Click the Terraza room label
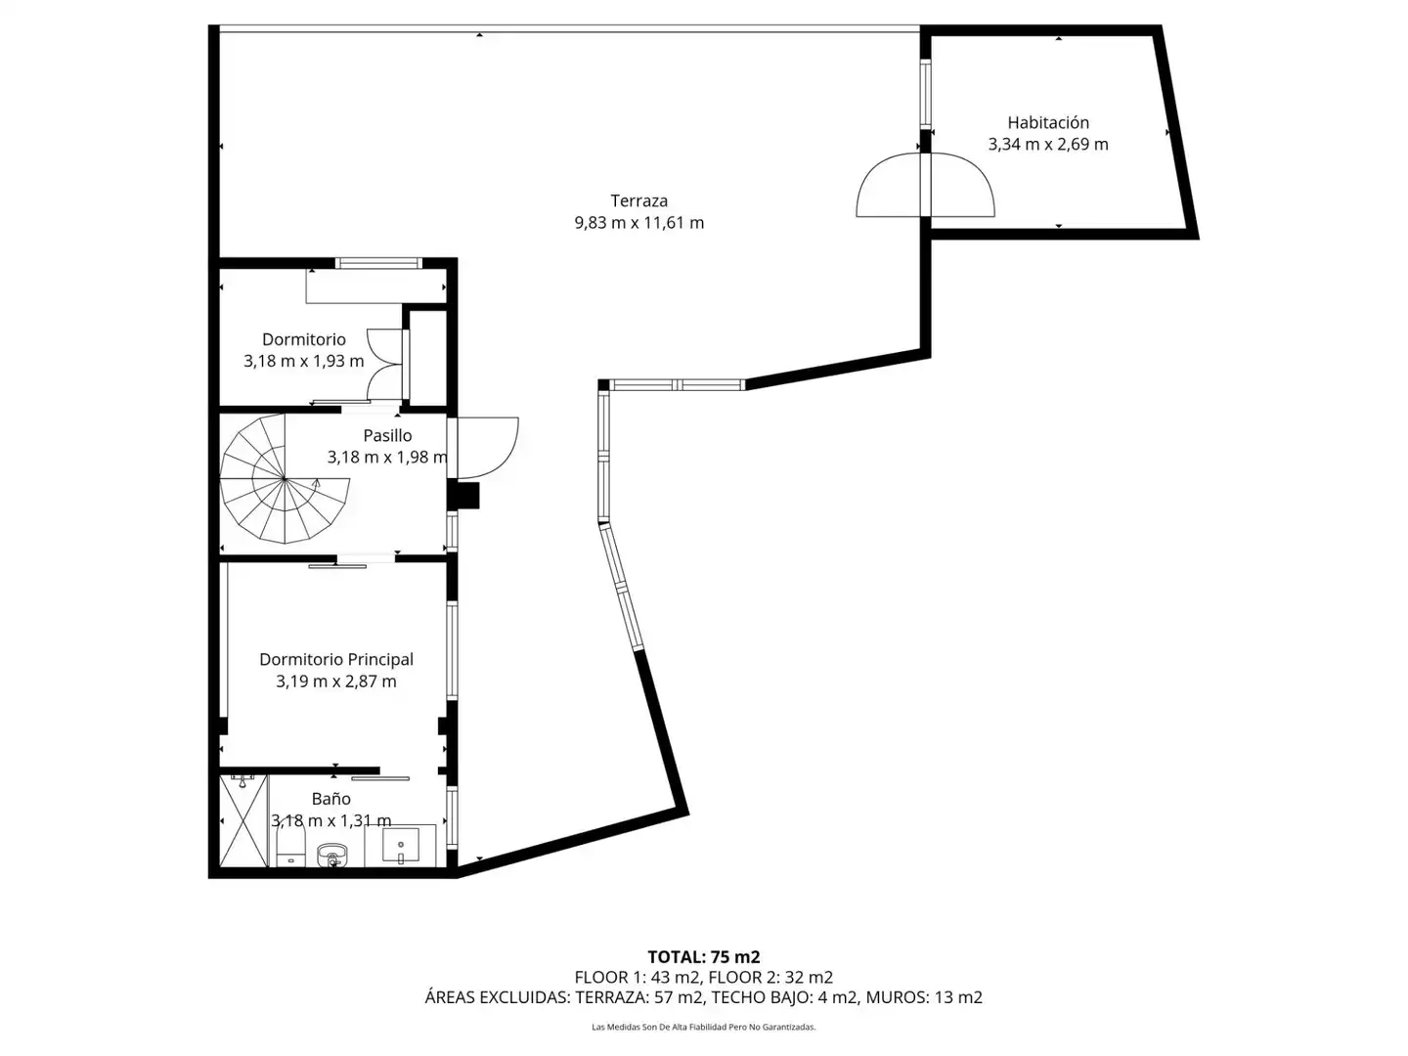pos(638,200)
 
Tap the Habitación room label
pos(1047,122)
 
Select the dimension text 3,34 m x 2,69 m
pos(1047,145)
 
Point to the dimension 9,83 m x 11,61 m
pos(638,223)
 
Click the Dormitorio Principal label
pos(336,660)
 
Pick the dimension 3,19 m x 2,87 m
pos(336,682)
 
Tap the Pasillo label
pos(387,436)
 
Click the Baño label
pos(331,799)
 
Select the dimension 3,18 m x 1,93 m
pos(303,361)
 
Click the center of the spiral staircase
pos(285,478)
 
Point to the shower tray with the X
pos(243,821)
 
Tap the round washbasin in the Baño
pos(331,854)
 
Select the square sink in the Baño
pos(401,845)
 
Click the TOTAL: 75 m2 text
pos(704,957)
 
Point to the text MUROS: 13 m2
pos(924,997)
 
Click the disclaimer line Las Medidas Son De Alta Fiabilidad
pos(704,1027)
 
